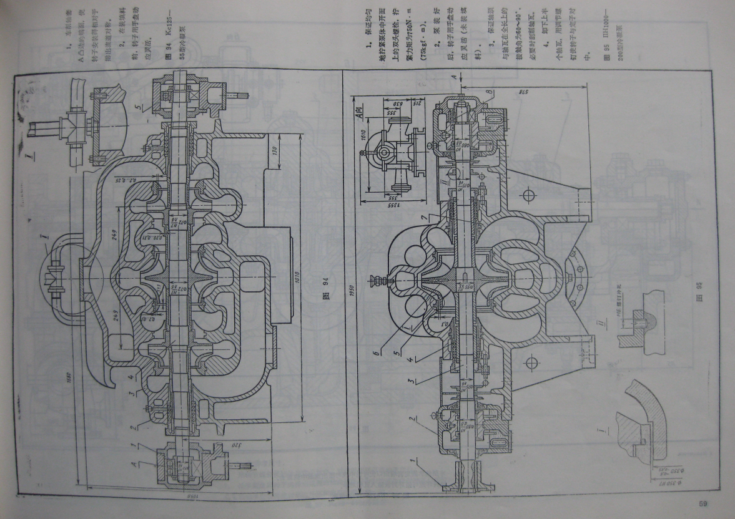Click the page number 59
coord(703,504)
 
